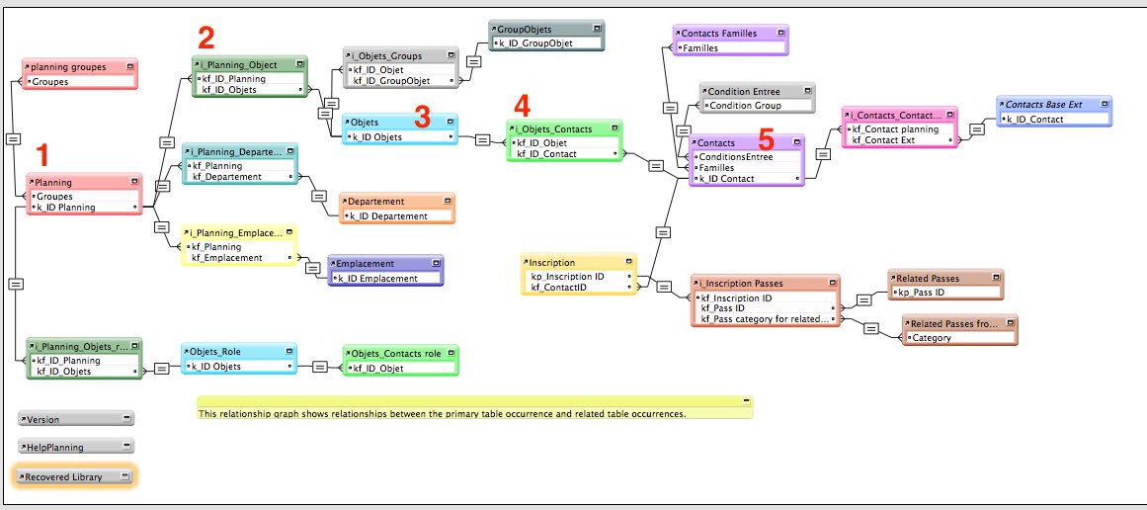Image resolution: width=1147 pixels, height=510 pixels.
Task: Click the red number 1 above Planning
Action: (43, 155)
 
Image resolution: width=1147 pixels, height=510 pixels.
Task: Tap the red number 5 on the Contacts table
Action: (766, 139)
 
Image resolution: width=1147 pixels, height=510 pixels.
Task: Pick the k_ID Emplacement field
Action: (377, 278)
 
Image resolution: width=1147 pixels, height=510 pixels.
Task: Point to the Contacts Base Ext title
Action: (1043, 105)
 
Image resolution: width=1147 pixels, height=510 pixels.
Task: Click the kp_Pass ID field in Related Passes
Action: (920, 292)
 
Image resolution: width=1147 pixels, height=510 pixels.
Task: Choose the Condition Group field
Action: (746, 106)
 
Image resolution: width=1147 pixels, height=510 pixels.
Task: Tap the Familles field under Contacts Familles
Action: (700, 48)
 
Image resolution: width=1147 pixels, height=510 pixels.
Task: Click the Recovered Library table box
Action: (75, 476)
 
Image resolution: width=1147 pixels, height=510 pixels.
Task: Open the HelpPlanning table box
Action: (76, 447)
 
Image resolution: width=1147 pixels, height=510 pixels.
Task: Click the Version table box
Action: (76, 418)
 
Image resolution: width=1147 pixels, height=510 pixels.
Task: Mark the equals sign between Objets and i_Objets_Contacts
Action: (482, 139)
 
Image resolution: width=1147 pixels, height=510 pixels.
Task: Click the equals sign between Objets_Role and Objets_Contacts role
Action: (320, 368)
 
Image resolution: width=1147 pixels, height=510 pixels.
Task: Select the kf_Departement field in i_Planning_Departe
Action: (227, 176)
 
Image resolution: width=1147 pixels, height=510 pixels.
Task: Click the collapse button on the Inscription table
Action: (628, 261)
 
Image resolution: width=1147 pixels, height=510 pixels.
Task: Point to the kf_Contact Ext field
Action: (880, 139)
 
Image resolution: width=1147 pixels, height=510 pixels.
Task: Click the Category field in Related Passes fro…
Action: (932, 338)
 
